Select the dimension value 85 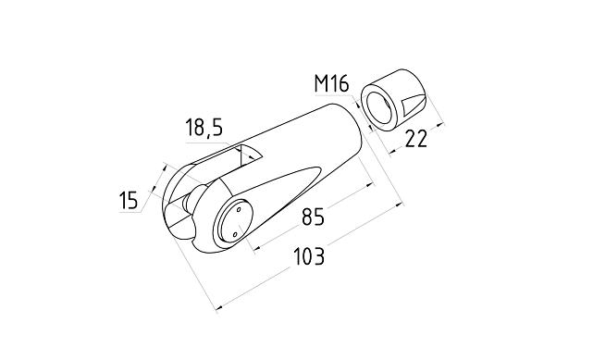(313, 218)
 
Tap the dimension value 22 (416, 139)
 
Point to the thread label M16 (331, 84)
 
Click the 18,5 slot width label (204, 128)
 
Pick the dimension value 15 (129, 199)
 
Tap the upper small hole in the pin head (240, 211)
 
